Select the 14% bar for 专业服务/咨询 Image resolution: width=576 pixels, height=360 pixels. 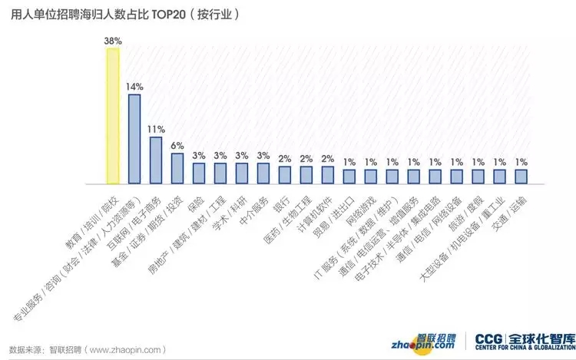[134, 139]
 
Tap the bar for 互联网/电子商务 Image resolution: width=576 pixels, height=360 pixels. [155, 160]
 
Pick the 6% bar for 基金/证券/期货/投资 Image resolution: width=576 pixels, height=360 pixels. [177, 169]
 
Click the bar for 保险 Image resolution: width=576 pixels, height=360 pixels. [198, 173]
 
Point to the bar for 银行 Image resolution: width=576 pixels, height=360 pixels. [284, 176]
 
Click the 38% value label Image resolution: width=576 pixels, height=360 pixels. [112, 41]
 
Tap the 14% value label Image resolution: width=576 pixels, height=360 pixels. [134, 87]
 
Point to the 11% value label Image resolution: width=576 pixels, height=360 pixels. [156, 129]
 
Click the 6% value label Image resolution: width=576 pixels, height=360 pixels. [177, 146]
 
